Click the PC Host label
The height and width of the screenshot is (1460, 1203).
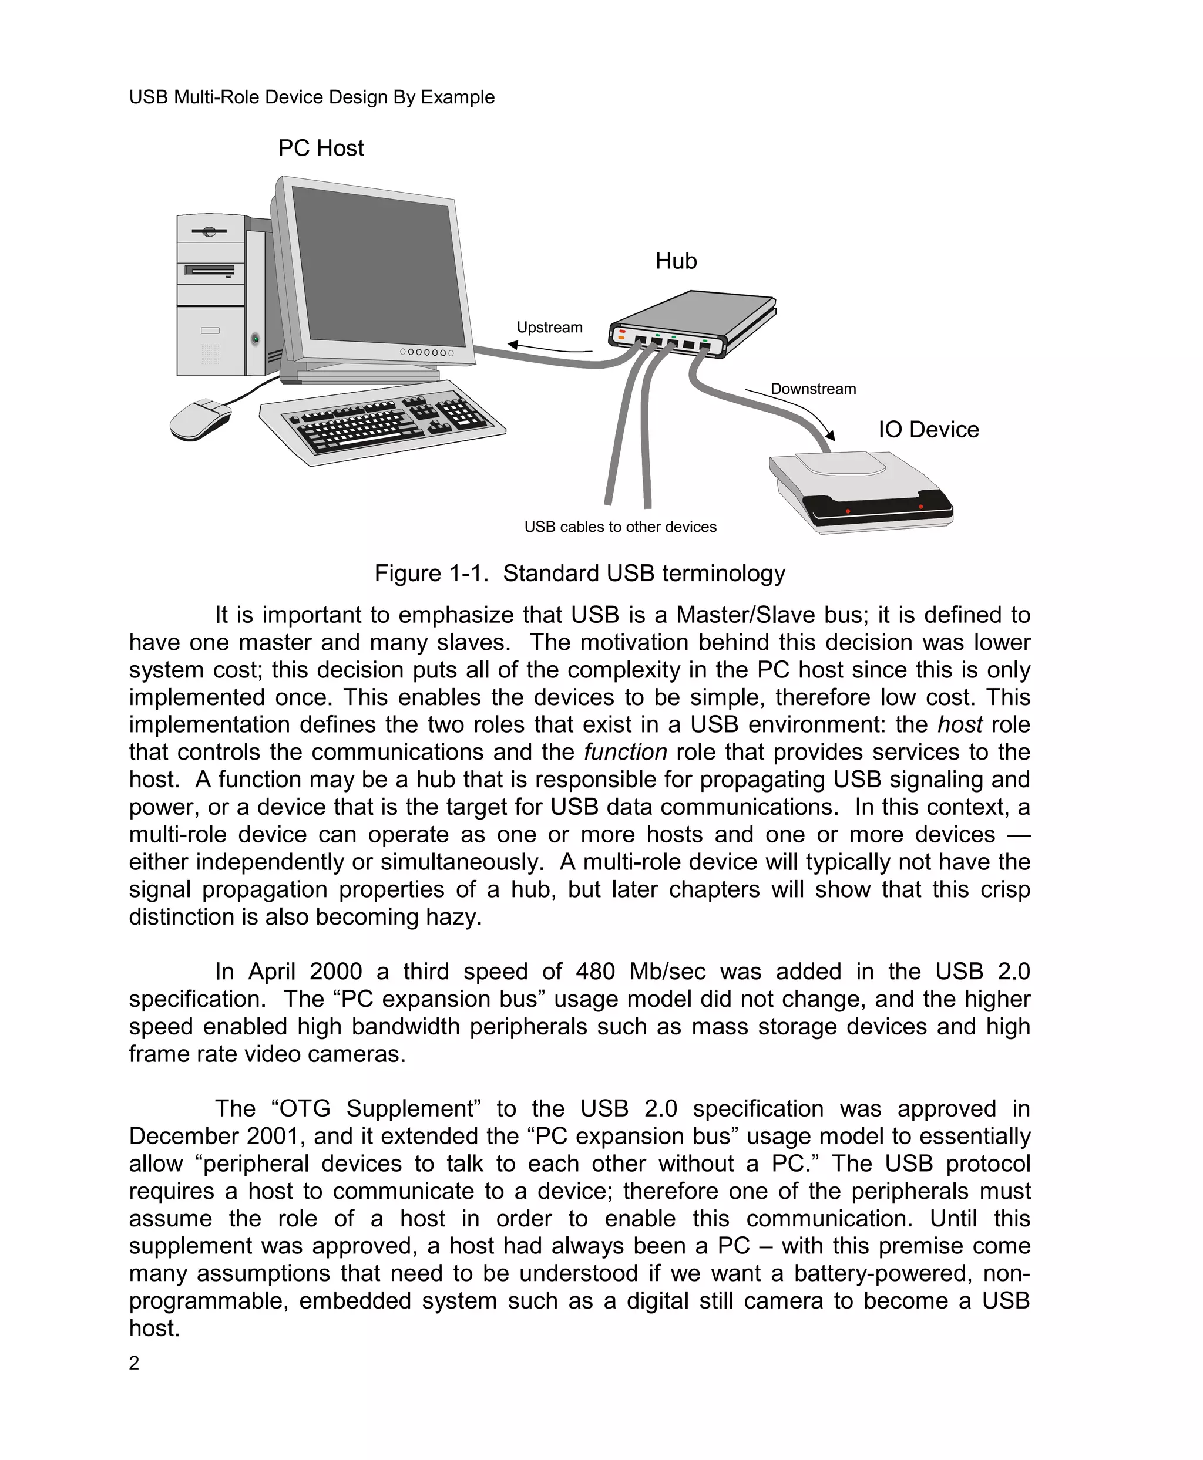point(321,148)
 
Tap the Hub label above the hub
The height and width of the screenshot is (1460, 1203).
point(676,261)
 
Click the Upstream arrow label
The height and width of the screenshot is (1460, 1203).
point(550,328)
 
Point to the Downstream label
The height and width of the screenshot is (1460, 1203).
point(813,389)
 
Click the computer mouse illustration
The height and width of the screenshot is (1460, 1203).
point(199,420)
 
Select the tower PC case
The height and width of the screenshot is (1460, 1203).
point(215,298)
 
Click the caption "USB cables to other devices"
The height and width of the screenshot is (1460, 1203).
point(620,527)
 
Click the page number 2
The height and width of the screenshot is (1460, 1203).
point(134,1363)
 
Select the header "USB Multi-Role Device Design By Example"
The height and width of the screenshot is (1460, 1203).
point(312,97)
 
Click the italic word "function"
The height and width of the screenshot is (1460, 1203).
point(625,752)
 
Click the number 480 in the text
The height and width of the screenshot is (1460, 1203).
point(594,972)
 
